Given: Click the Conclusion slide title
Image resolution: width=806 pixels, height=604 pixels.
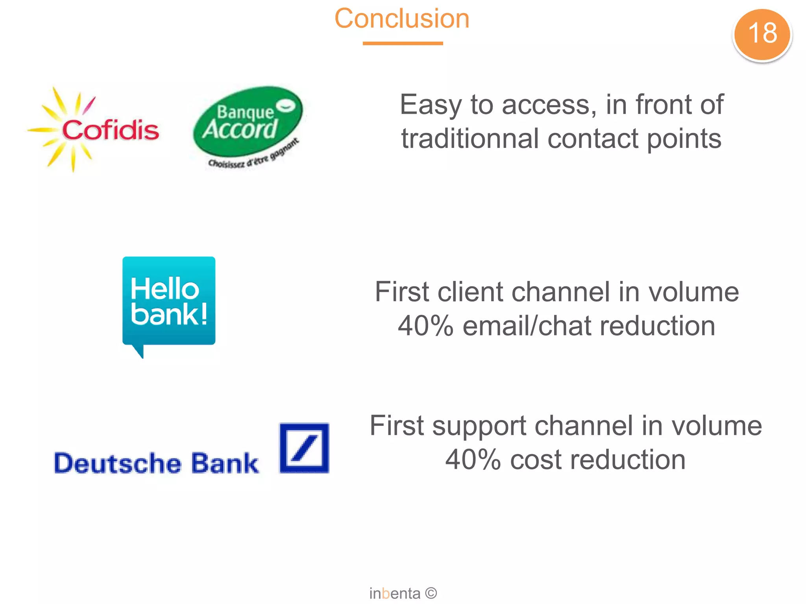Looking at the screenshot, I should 402,18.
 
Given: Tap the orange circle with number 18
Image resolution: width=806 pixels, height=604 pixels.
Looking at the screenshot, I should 762,34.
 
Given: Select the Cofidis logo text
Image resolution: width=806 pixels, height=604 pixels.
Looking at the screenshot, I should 111,130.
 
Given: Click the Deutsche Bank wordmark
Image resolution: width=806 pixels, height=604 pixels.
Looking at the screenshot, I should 156,463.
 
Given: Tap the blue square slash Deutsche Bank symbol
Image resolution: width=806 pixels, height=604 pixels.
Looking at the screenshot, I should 304,448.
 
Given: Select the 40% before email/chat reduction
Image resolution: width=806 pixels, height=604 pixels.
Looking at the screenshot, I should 425,326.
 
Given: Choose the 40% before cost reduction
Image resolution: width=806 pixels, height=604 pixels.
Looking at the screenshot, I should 473,460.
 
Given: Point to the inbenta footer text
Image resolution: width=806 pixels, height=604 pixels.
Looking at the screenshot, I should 395,593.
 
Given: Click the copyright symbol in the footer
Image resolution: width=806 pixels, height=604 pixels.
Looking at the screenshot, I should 431,593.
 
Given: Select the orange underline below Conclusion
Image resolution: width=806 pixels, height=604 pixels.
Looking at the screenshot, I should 403,43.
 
